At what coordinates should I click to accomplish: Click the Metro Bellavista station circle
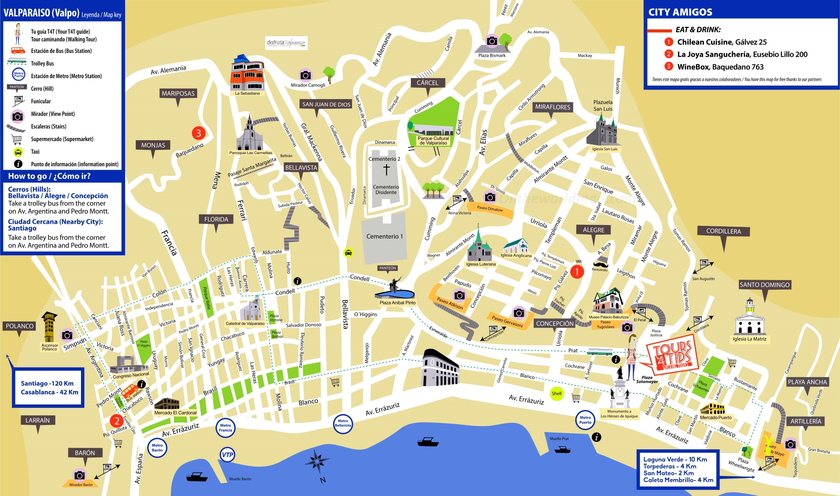[x=343, y=423]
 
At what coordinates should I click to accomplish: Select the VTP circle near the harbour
[x=227, y=455]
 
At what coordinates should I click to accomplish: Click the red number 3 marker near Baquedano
[x=199, y=133]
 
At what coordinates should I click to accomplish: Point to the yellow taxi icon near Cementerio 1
[x=348, y=252]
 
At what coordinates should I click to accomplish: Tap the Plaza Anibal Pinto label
[x=397, y=302]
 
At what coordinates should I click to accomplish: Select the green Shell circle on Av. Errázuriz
[x=556, y=394]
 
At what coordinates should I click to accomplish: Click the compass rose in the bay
[x=317, y=462]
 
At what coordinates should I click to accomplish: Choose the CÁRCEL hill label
[x=427, y=83]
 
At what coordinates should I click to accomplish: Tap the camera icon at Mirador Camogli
[x=305, y=75]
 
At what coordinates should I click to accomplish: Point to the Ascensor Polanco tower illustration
[x=49, y=327]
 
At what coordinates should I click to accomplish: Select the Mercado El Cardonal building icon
[x=167, y=404]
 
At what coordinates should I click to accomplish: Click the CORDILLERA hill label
[x=723, y=231]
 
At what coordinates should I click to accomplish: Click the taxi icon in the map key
[x=18, y=152]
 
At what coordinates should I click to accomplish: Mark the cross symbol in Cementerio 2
[x=386, y=170]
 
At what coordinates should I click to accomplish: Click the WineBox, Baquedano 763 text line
[x=720, y=67]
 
